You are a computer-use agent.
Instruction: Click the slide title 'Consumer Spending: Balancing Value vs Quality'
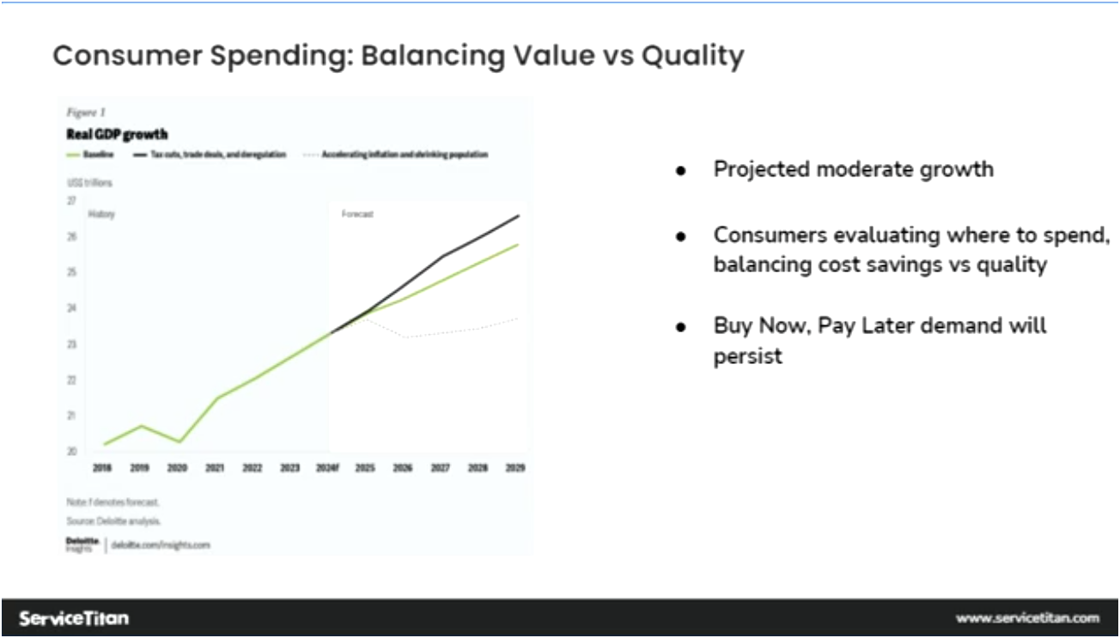click(x=398, y=56)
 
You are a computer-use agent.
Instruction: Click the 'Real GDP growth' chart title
click(x=117, y=134)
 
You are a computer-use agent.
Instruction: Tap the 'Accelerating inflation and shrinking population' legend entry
click(x=404, y=155)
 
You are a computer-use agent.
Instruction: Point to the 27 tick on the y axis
click(x=71, y=200)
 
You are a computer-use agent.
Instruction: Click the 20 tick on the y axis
click(x=71, y=451)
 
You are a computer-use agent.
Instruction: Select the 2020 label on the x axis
click(x=177, y=469)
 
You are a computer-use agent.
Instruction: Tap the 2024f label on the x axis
click(x=326, y=469)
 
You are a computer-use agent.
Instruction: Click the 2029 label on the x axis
click(x=515, y=469)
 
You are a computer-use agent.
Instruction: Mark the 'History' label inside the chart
click(x=101, y=215)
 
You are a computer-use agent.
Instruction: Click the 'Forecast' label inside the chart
click(x=357, y=215)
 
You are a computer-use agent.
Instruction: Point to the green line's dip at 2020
click(x=178, y=441)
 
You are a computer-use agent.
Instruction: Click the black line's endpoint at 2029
click(x=518, y=216)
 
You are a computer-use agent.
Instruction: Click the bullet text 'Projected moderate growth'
click(x=853, y=169)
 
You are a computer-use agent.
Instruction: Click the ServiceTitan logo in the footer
click(x=74, y=618)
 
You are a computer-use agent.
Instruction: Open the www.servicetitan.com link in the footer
click(x=1027, y=618)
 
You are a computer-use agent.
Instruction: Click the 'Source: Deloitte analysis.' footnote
click(x=113, y=521)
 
